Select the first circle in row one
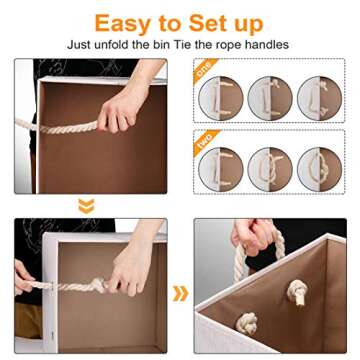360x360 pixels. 221,101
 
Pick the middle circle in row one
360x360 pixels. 269,101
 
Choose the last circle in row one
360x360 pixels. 318,101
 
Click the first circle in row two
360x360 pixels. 221,170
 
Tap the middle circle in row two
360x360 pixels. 269,170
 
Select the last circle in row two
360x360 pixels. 318,170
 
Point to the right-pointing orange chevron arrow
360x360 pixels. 180,293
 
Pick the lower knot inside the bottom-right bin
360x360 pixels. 244,322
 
